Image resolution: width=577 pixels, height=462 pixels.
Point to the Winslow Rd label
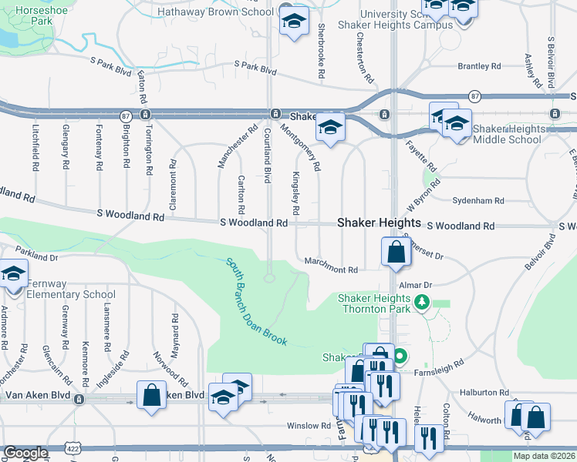309,425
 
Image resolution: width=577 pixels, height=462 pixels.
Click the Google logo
25,453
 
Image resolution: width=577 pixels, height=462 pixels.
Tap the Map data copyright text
545,456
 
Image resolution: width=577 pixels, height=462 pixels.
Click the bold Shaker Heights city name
379,223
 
